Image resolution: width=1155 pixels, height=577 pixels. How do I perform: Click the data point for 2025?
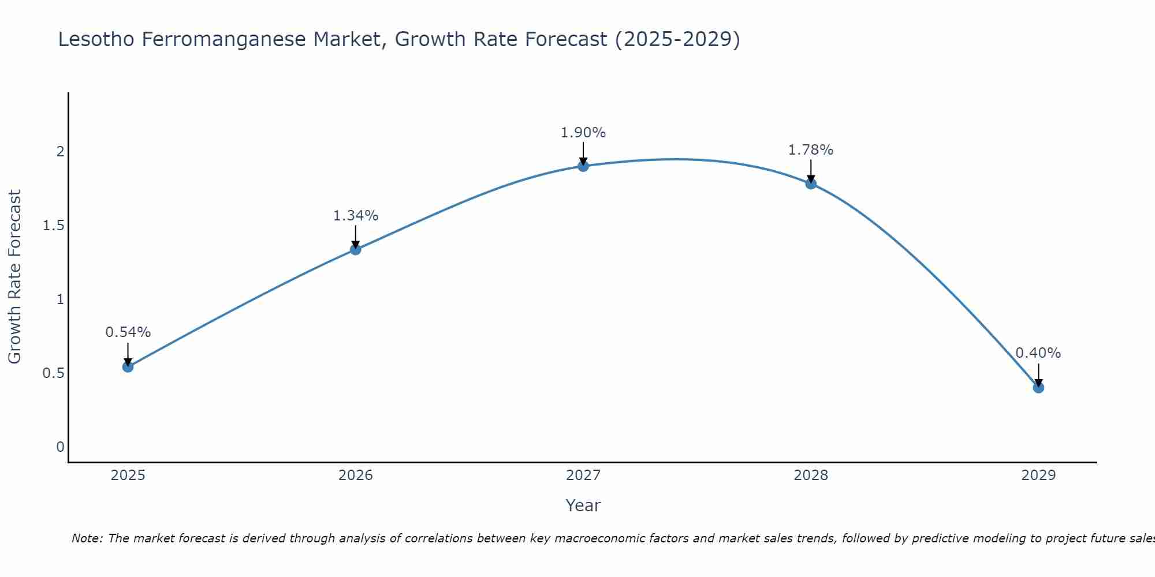[128, 367]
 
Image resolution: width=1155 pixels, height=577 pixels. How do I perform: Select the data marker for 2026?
[356, 249]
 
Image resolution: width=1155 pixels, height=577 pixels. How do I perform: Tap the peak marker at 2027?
[583, 166]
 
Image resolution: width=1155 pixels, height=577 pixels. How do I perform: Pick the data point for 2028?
[811, 184]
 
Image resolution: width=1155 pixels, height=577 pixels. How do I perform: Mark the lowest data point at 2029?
[1038, 388]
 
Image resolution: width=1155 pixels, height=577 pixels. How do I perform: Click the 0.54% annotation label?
[128, 332]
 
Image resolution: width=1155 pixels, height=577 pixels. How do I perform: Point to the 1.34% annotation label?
[356, 216]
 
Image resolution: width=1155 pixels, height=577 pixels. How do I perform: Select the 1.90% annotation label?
[583, 133]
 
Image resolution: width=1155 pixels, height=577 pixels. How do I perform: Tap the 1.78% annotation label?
[811, 150]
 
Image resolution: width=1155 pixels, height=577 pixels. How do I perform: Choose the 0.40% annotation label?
[1038, 353]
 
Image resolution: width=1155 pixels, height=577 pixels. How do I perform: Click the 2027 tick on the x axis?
[583, 475]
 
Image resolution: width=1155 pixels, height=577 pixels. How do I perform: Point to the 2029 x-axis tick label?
[1038, 475]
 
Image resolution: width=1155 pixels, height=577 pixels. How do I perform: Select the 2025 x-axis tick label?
[128, 475]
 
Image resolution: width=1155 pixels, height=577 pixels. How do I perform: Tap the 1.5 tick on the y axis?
[54, 226]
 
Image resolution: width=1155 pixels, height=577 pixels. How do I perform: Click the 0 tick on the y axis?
[60, 447]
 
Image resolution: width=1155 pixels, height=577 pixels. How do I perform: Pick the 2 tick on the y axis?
[60, 152]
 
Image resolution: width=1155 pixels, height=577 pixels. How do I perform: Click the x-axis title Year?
[583, 505]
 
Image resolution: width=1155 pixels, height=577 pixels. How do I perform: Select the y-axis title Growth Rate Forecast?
[14, 277]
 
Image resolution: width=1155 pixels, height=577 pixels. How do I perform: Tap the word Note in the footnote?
[87, 538]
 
